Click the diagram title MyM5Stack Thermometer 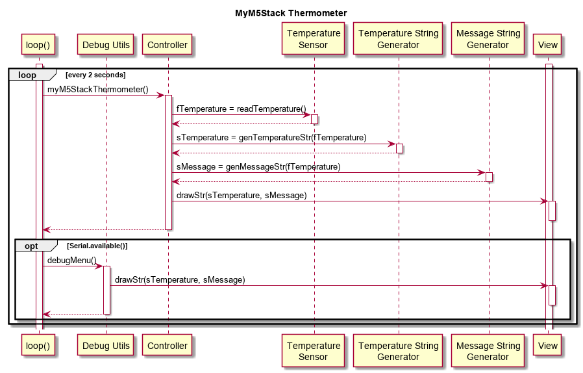tap(291, 13)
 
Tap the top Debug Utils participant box tap(106, 45)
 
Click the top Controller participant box tap(167, 45)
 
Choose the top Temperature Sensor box tap(314, 39)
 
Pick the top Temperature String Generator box tap(399, 39)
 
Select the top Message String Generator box tap(488, 39)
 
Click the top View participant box tap(548, 45)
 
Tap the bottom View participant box tap(548, 346)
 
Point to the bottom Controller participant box tap(167, 346)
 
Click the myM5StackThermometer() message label tap(98, 89)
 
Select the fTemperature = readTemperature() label tap(241, 109)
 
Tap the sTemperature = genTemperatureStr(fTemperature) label tap(271, 138)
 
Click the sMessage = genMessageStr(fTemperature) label tap(258, 166)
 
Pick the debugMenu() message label tap(72, 260)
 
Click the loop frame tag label tap(27, 75)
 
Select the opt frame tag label tap(32, 246)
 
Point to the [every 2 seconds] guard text tap(95, 75)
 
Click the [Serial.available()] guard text tap(97, 246)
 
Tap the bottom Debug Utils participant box tap(106, 346)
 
